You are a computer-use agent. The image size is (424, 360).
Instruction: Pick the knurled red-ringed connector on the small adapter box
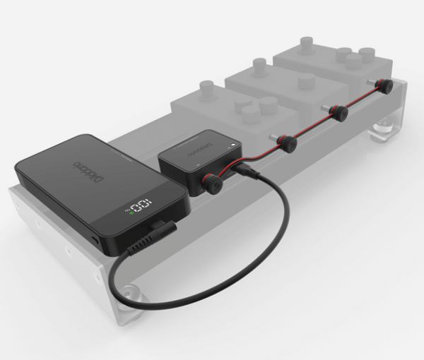click(211, 184)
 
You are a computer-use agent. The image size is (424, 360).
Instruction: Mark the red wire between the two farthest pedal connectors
click(362, 99)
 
